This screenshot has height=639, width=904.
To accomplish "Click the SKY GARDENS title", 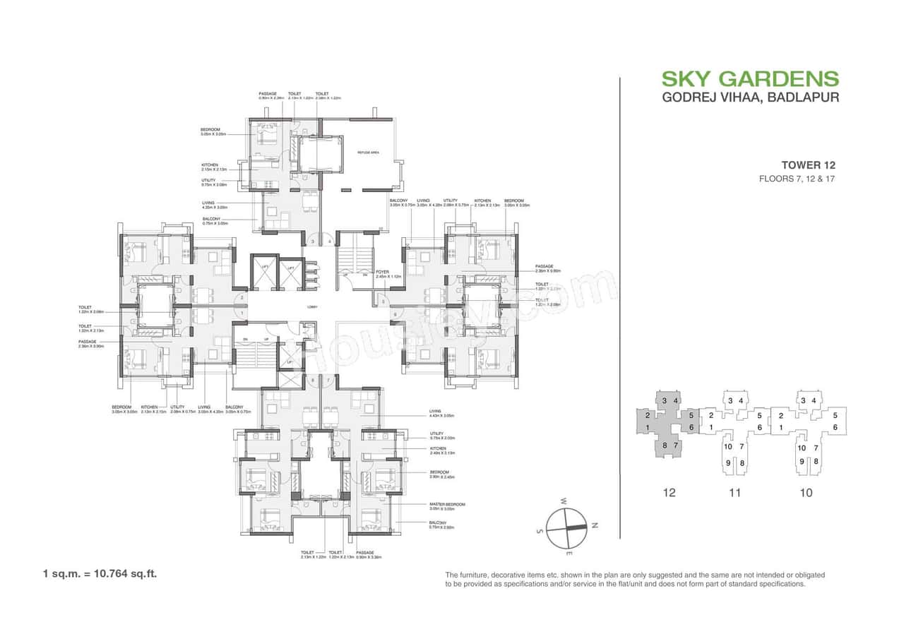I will coord(750,78).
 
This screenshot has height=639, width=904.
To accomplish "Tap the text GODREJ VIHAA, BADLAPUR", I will coord(750,97).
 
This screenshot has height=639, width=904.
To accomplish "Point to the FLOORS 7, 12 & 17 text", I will coord(797,179).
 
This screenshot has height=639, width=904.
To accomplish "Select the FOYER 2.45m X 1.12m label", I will coord(387,273).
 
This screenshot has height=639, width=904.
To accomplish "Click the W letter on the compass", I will coord(564,501).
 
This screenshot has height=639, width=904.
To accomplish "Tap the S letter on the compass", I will coord(540,530).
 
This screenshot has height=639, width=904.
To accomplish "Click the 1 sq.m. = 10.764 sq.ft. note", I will coord(100,573).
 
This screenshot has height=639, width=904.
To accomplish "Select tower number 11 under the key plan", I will coord(734,493).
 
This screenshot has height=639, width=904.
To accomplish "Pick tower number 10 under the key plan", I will coord(806,493).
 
